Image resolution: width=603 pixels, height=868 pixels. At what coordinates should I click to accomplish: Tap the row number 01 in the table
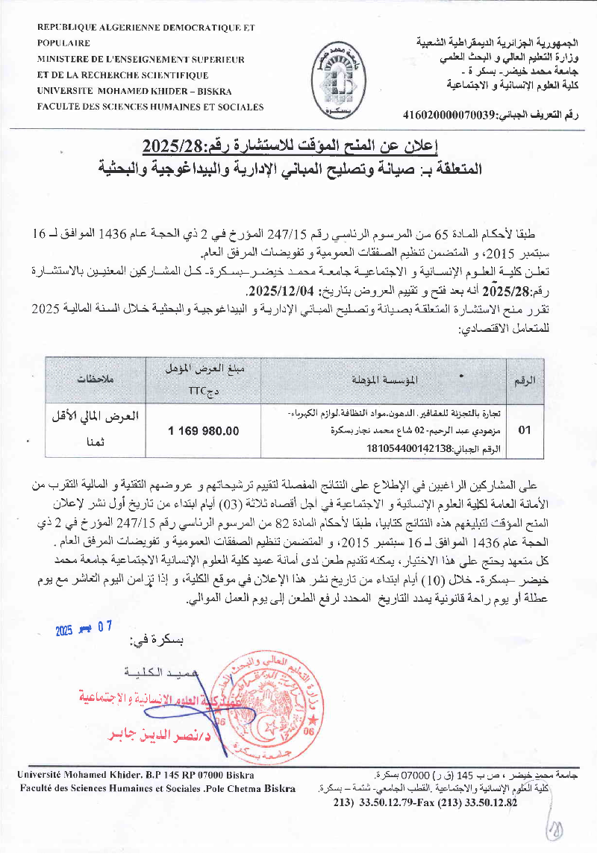525,430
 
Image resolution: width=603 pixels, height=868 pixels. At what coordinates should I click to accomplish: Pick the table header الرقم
525,380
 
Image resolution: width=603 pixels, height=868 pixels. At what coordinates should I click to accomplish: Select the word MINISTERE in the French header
68,59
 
